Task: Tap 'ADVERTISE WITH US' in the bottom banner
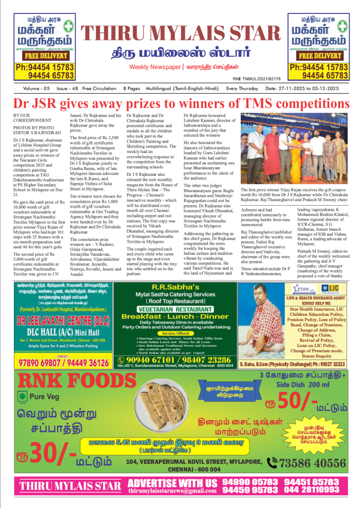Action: [x=173, y=483]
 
